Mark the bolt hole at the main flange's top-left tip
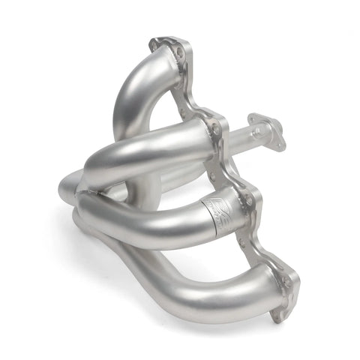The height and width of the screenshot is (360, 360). click(155, 46)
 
